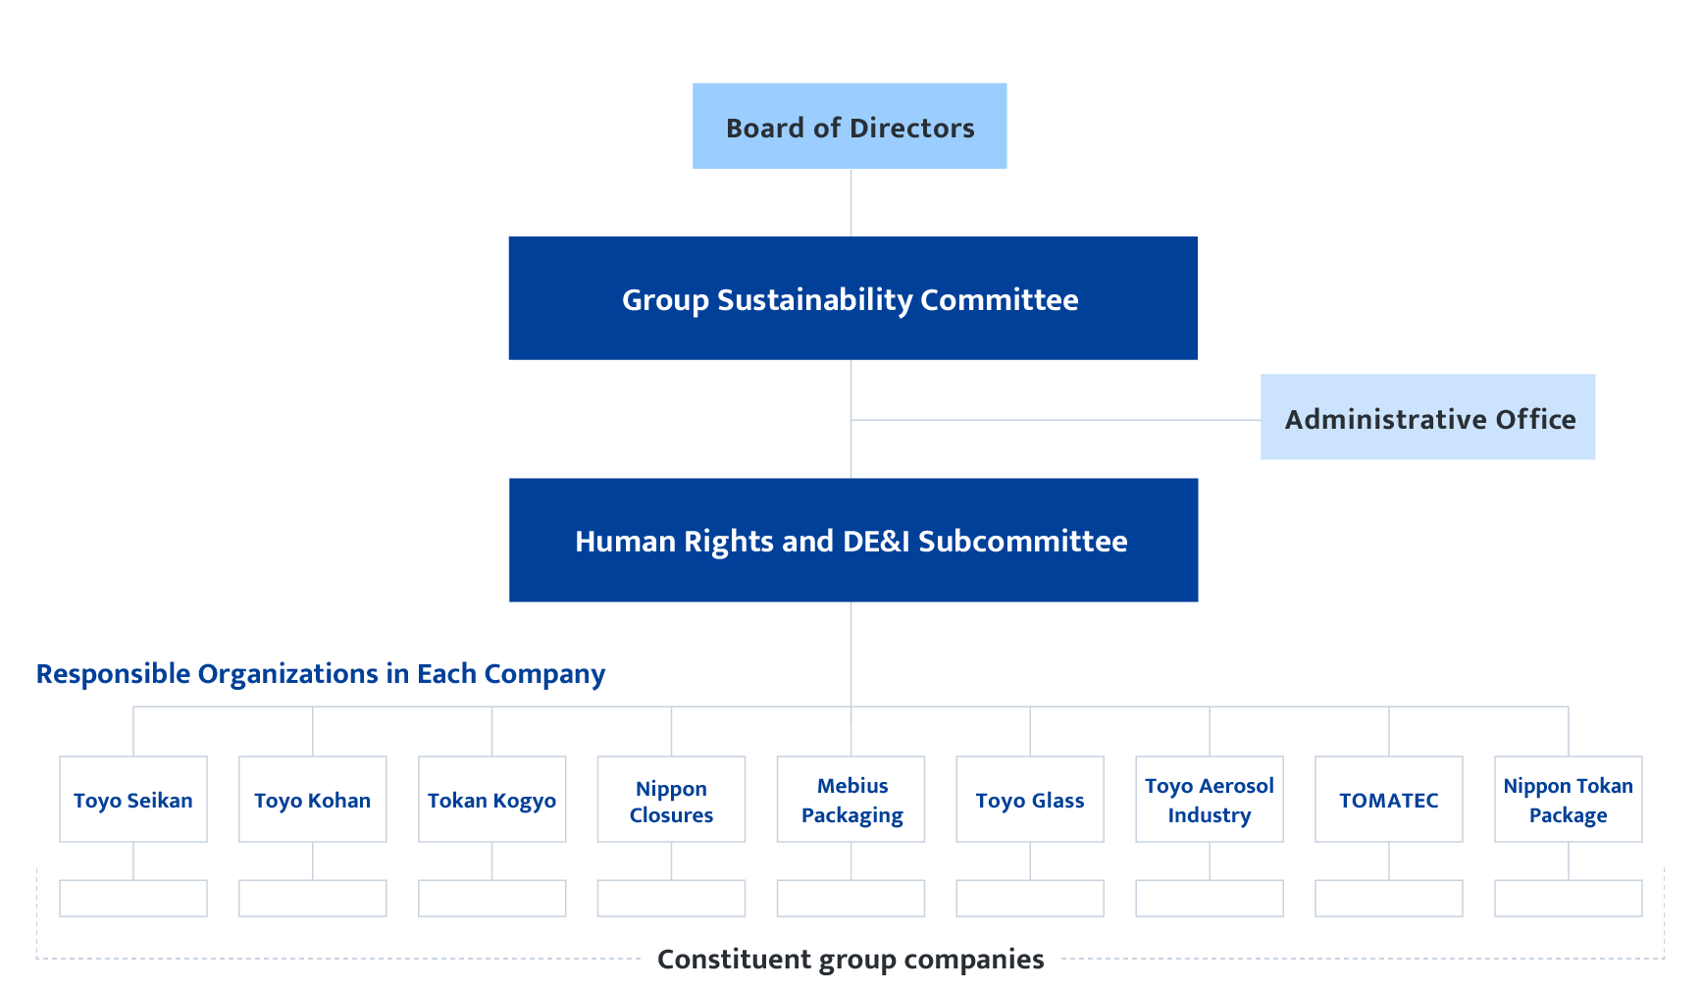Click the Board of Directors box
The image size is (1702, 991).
(850, 127)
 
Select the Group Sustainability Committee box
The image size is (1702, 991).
(851, 298)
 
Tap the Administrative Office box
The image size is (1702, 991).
(1427, 418)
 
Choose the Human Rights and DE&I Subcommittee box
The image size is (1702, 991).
(852, 541)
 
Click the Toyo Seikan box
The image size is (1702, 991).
(133, 800)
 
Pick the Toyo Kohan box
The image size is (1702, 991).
(313, 800)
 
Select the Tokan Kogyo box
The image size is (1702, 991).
(492, 800)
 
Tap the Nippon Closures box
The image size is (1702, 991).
(671, 800)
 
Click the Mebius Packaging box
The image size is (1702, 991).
(851, 800)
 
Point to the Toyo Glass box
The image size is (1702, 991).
(1030, 800)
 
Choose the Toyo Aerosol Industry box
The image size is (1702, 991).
(1210, 800)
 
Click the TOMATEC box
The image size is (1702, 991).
(1389, 800)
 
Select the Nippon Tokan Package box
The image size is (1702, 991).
(1568, 800)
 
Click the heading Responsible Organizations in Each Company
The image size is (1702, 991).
(321, 674)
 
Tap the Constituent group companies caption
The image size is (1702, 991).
(851, 959)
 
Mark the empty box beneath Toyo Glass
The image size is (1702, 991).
(1030, 898)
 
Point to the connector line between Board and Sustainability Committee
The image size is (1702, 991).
(851, 202)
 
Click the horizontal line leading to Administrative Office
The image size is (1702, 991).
(1056, 420)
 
